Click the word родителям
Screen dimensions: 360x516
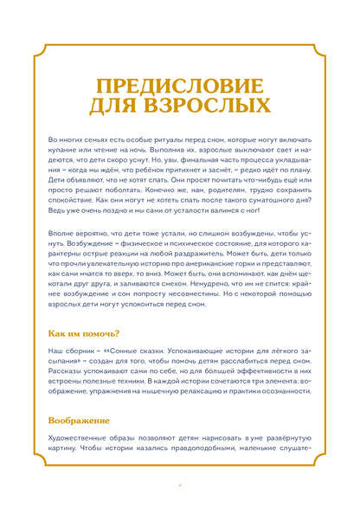[x=220, y=193]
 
